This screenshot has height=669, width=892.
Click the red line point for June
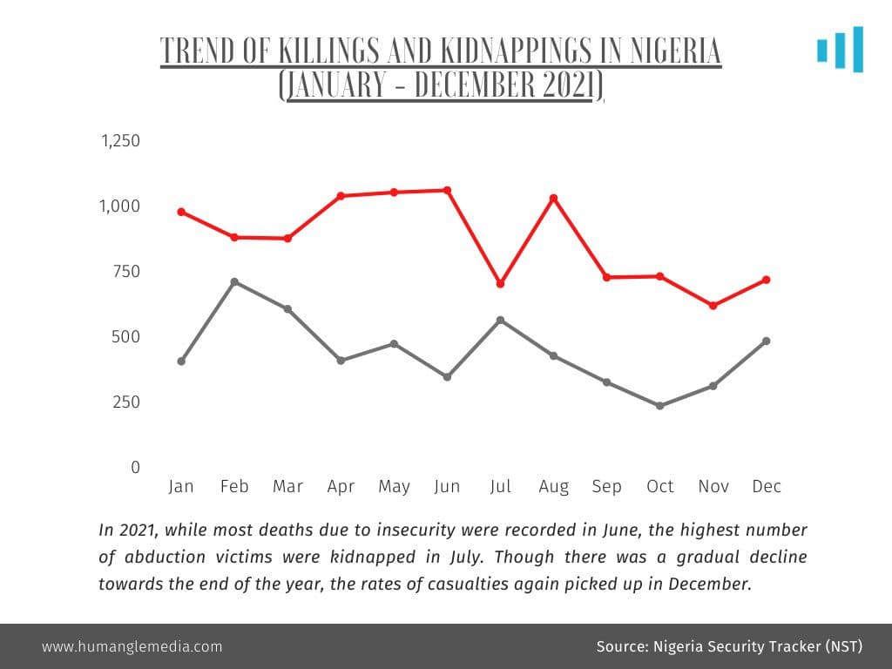[x=447, y=191]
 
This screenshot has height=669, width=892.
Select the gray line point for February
[x=234, y=282]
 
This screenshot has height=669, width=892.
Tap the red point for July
[x=501, y=284]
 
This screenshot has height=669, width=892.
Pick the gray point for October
[x=660, y=406]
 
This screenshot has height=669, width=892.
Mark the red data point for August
[x=553, y=199]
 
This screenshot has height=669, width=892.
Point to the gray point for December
[x=767, y=341]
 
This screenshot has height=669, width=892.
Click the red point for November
[x=713, y=306]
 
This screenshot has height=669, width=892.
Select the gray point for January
[x=181, y=362]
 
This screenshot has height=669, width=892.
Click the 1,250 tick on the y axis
[x=120, y=140]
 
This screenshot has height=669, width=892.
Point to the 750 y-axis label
[x=126, y=272]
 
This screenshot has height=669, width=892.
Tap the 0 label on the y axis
[x=135, y=467]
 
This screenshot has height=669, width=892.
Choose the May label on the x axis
[x=395, y=487]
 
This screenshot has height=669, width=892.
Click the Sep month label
[x=606, y=487]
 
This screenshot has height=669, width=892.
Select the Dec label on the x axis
[x=767, y=486]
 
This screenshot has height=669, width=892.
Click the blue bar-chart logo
[x=841, y=50]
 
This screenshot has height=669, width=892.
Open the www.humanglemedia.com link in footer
[x=132, y=647]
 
